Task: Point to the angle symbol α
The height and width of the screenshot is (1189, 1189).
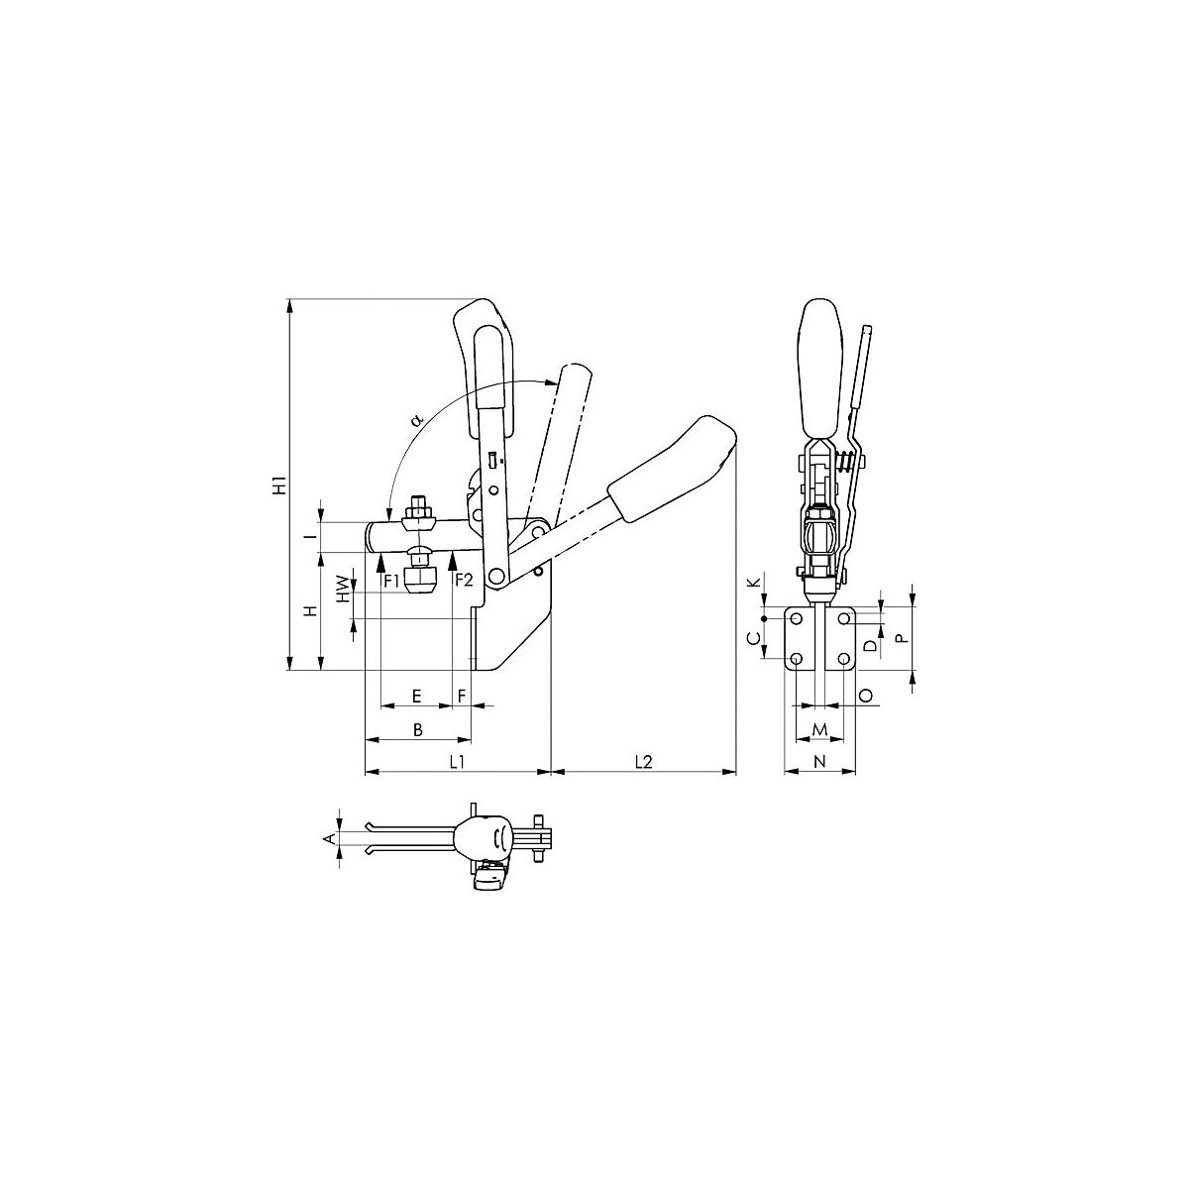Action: tap(419, 420)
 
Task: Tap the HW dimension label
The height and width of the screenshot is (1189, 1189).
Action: tap(343, 589)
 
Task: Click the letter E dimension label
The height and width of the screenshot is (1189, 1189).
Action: tap(416, 696)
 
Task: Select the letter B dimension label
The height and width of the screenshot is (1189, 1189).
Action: tap(418, 729)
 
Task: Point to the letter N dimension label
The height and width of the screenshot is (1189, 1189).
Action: tap(819, 761)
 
